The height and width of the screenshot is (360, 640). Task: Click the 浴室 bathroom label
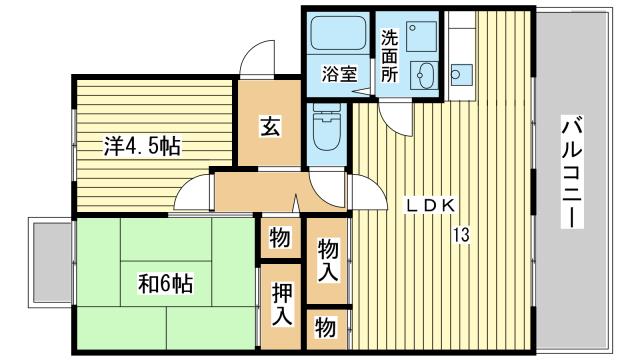point(340,74)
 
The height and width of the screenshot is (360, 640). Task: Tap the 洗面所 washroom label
point(389,56)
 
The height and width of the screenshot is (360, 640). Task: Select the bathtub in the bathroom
point(338,33)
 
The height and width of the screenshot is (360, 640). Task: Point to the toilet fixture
point(327,127)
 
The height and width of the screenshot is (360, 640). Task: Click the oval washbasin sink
point(424,76)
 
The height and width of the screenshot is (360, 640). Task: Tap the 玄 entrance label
point(270,127)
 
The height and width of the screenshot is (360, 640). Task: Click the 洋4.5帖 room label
point(142,146)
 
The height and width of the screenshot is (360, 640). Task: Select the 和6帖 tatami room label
point(165,284)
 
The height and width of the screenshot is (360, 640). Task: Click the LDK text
point(430,206)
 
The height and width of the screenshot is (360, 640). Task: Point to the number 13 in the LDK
point(461,235)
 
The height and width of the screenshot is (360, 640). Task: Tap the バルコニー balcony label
point(572,172)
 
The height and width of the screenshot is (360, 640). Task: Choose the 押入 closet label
point(282,304)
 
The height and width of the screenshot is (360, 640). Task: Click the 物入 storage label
point(328,260)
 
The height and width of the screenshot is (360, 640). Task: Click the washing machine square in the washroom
point(422,36)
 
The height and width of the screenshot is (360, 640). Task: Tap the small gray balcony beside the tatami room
point(51,262)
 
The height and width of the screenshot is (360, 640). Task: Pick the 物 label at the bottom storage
point(325,328)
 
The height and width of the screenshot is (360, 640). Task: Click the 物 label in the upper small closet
point(280,238)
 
